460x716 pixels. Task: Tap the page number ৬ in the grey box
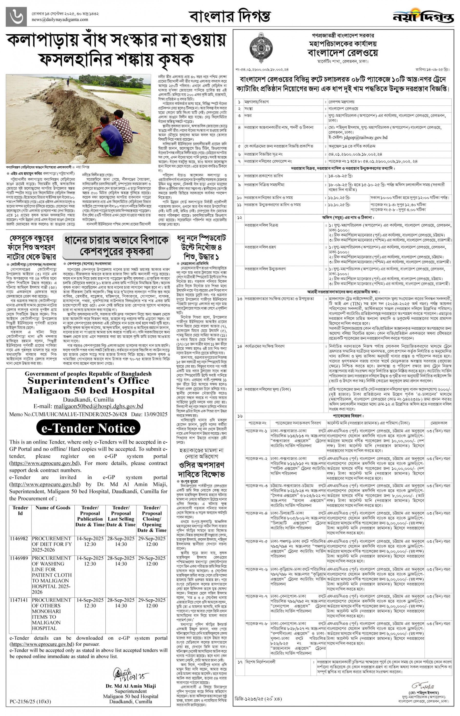point(16,17)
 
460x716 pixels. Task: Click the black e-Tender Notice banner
point(88,428)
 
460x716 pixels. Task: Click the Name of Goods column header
point(53,508)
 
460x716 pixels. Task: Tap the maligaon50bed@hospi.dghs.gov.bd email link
point(98,406)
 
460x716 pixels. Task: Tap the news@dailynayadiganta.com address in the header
point(60,20)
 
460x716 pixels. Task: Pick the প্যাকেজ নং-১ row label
point(256,431)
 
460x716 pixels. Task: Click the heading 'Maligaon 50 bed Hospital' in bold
point(88,391)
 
